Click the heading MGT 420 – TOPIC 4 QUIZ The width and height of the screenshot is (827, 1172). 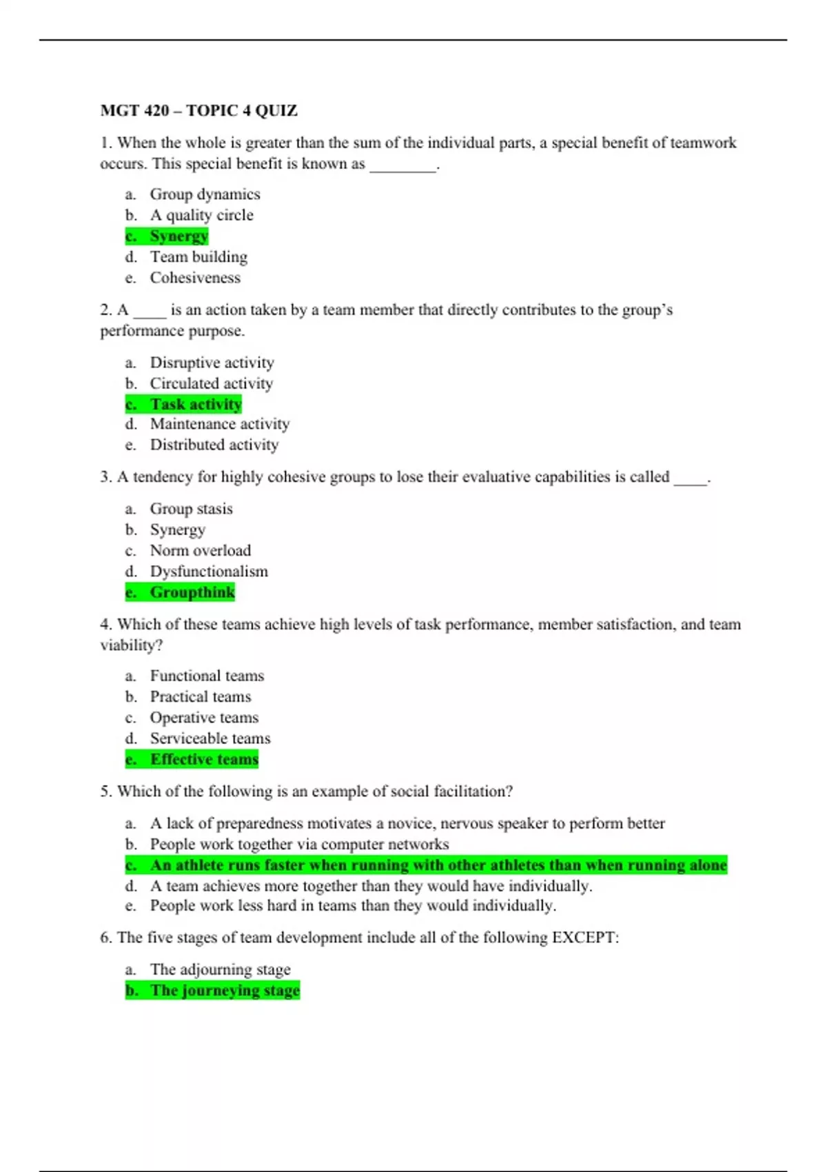click(x=198, y=110)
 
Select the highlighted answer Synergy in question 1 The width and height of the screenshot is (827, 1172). click(x=178, y=236)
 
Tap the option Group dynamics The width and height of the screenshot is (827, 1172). click(x=205, y=194)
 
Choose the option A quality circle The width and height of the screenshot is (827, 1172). click(x=201, y=215)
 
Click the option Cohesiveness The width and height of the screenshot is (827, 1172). click(x=195, y=278)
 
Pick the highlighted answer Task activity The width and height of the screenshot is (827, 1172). click(x=196, y=404)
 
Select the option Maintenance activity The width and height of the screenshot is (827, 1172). click(x=219, y=424)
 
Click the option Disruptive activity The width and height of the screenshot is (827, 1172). click(x=212, y=363)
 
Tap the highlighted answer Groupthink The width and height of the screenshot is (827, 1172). click(x=192, y=592)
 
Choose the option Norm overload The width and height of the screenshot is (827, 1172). click(x=200, y=551)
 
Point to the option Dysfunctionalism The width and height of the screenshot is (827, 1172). click(x=209, y=572)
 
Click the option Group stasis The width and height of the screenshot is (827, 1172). click(x=191, y=509)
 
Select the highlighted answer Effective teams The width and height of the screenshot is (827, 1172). click(x=204, y=759)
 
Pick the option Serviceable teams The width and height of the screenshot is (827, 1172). click(x=210, y=738)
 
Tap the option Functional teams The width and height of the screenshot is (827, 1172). click(x=207, y=676)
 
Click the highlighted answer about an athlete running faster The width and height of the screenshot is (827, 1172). click(x=438, y=865)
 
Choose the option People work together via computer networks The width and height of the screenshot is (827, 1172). click(x=299, y=845)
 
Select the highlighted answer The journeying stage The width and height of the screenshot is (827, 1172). click(x=225, y=991)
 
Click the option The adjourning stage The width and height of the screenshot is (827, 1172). click(x=220, y=969)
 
